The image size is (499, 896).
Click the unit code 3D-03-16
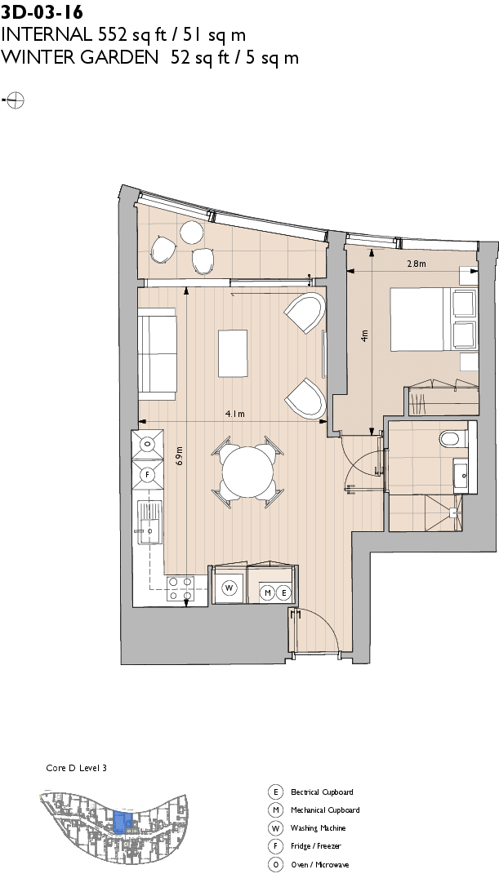[41, 11]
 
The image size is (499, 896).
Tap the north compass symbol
[15, 100]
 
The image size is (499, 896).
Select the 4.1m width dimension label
[234, 415]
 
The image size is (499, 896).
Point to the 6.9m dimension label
[179, 455]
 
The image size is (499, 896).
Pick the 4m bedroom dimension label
[365, 335]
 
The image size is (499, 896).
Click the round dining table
[247, 473]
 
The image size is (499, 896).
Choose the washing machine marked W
[229, 588]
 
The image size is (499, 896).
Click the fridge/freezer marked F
[148, 474]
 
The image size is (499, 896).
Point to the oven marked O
[148, 444]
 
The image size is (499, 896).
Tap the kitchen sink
[149, 522]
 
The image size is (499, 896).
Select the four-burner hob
[180, 588]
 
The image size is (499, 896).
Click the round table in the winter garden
[192, 233]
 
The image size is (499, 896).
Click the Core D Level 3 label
[76, 768]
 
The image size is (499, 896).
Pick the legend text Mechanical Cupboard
[325, 810]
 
